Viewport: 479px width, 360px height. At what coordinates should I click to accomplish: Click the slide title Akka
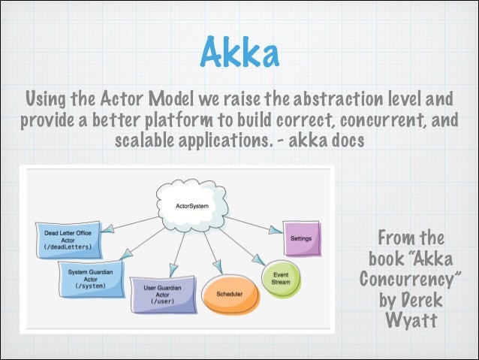[x=239, y=53]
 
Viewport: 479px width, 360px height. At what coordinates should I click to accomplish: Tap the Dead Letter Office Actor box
[x=68, y=238]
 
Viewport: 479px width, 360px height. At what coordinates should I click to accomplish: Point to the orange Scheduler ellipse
[x=229, y=294]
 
